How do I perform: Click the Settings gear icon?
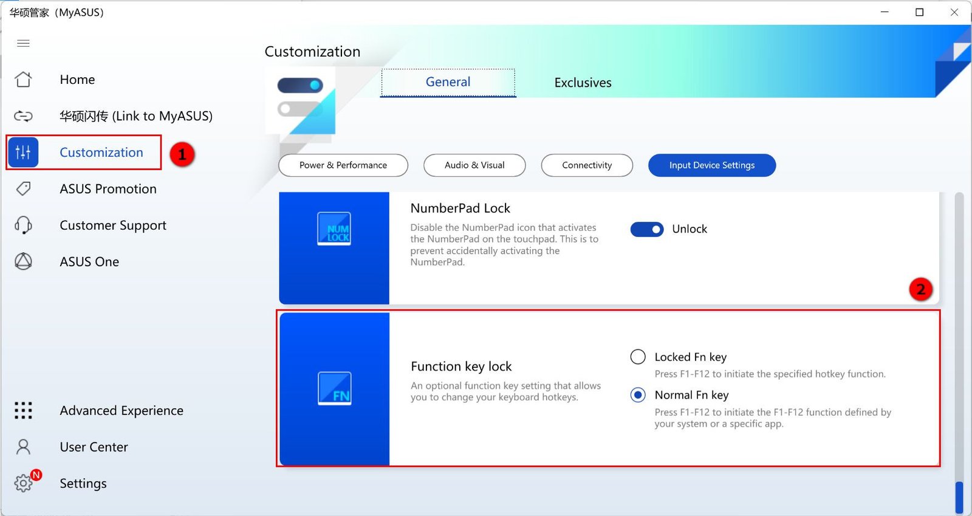coord(24,483)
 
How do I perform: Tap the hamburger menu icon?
coord(24,43)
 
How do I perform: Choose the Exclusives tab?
coord(583,83)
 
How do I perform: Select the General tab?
coord(448,82)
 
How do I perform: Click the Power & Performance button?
coord(343,165)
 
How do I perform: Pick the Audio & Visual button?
coord(474,165)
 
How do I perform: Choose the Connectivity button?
coord(587,165)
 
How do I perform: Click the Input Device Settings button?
coord(712,165)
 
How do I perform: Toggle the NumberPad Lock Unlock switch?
coord(647,229)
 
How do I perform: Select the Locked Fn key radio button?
coord(638,357)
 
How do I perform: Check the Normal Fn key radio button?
coord(638,395)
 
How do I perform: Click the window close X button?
coord(954,12)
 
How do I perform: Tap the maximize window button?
coord(920,12)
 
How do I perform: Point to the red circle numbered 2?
coord(921,289)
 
